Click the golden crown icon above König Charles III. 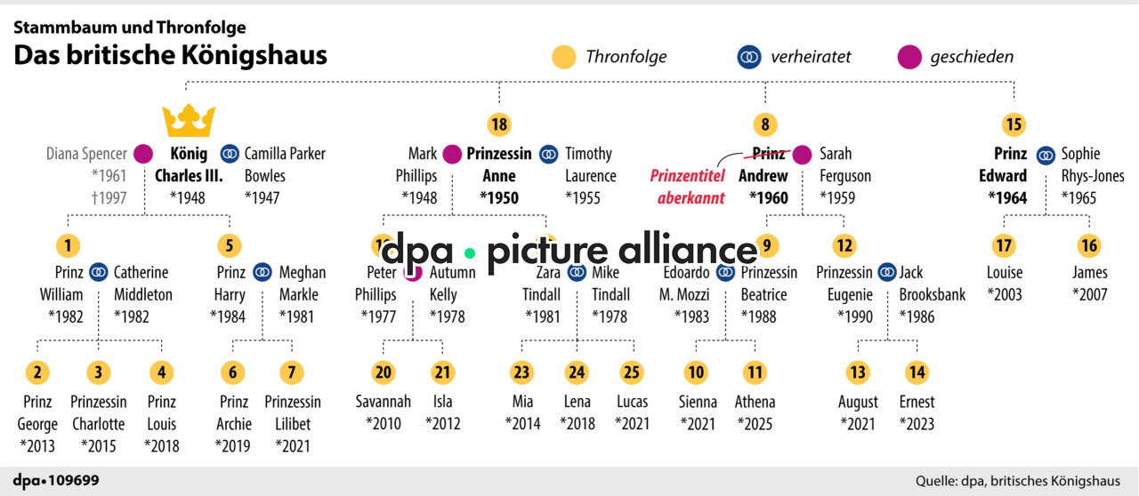188,120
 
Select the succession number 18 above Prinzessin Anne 498,124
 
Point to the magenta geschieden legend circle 909,57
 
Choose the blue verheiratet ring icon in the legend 749,57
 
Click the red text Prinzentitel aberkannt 687,187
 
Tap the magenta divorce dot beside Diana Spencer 143,154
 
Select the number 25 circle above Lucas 631,372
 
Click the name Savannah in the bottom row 384,402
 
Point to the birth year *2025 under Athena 755,423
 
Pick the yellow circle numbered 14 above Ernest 916,372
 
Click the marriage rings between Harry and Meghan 262,272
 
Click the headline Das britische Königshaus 170,55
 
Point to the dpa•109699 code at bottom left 56,481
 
